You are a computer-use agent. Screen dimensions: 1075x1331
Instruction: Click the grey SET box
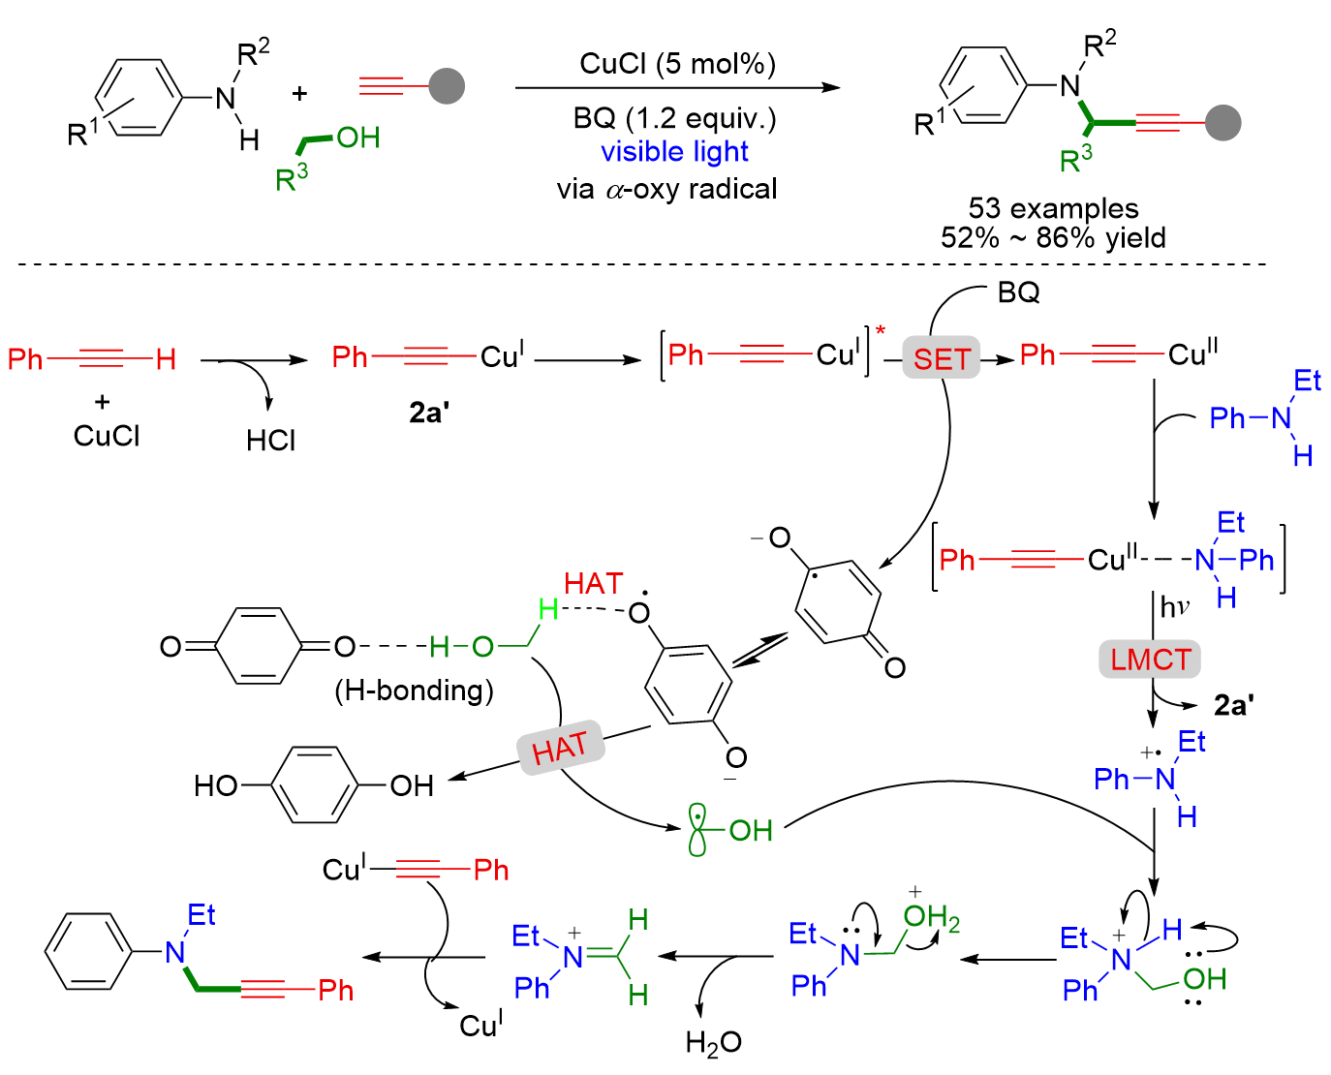pos(941,358)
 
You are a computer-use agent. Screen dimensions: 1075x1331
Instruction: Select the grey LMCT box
pos(1150,660)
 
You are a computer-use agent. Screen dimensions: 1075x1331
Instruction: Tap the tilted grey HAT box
pos(561,748)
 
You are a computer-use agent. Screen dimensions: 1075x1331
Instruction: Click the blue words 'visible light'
pos(674,152)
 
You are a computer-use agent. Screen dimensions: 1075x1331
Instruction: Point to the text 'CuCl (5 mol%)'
pos(677,64)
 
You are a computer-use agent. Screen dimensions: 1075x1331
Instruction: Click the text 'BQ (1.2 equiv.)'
pos(674,118)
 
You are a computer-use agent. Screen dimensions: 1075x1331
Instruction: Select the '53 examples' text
pos(1053,208)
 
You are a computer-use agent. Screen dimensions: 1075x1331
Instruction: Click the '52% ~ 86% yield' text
pos(1053,237)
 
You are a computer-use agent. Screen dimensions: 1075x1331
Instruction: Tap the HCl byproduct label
pos(270,441)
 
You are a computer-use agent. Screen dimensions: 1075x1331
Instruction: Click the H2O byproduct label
pos(713,1042)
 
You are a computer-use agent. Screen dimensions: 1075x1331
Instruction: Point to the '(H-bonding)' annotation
pos(414,690)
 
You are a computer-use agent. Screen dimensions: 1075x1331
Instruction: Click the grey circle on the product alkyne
pos(1223,122)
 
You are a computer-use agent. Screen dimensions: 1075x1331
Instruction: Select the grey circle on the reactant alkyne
pos(447,86)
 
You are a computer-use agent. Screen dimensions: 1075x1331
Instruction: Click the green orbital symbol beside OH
pos(697,829)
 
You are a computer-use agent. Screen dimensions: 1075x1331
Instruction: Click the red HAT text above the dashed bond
pos(593,583)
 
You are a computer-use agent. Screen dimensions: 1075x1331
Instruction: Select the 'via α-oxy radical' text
pos(666,189)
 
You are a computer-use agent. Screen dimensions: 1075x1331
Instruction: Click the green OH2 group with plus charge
pos(930,916)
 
